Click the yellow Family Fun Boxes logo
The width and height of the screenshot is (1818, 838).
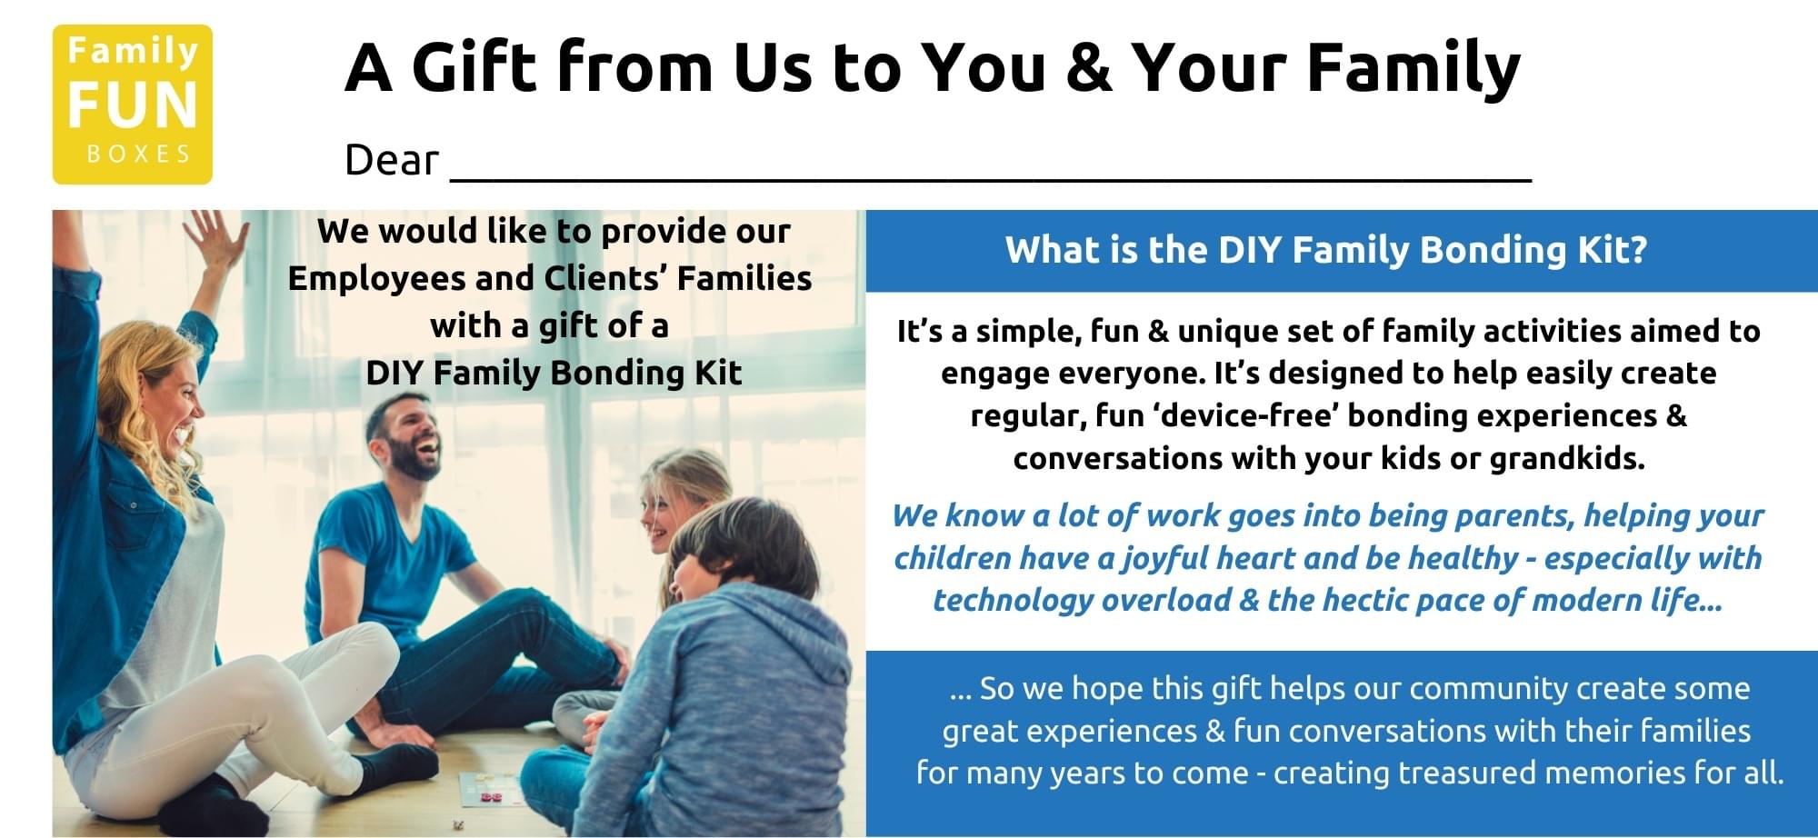(x=133, y=105)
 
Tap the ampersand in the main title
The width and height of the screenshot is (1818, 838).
(x=1089, y=68)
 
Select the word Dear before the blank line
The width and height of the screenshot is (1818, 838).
(x=392, y=161)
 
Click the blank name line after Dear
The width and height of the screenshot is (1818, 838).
(x=991, y=180)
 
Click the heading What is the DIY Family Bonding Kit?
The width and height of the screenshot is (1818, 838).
(x=1326, y=250)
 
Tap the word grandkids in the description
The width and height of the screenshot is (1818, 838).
(x=1566, y=458)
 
